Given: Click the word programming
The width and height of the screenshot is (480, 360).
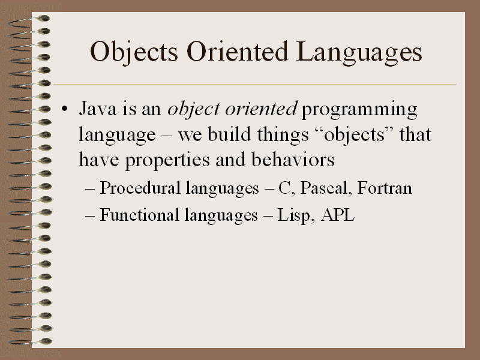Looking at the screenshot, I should coord(359,110).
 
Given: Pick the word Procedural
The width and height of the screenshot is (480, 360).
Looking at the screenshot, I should coord(135,188).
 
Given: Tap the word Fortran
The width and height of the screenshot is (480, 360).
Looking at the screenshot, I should coord(385,188).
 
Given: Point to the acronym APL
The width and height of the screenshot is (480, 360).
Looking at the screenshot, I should coord(338,215).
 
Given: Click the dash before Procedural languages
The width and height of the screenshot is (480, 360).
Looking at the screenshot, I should coord(91,189).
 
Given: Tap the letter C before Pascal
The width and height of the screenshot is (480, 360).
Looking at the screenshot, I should coord(284,188).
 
